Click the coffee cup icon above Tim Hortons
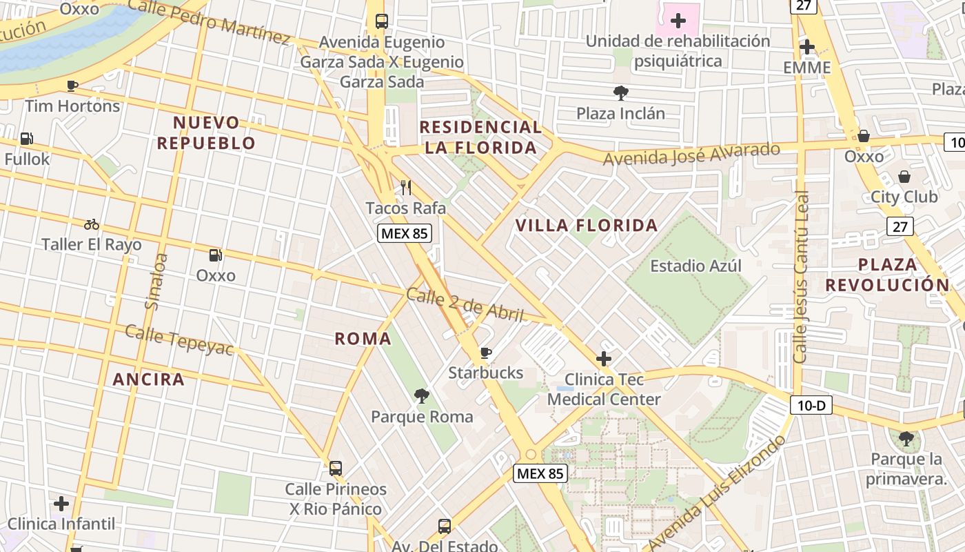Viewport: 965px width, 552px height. tap(72, 86)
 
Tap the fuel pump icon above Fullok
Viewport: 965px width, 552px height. tap(27, 139)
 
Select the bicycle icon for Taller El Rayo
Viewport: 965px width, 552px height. tap(92, 224)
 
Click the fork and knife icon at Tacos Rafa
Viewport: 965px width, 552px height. tap(406, 187)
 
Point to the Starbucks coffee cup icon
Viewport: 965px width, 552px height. tap(486, 353)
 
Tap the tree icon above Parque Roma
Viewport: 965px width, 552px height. tap(422, 396)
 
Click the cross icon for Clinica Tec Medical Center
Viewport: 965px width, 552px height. tap(604, 359)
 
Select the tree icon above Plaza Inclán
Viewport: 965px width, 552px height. tap(620, 92)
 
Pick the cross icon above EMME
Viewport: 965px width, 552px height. tap(807, 48)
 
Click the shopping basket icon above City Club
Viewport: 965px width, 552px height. tap(904, 177)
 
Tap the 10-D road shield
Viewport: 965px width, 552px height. tap(811, 405)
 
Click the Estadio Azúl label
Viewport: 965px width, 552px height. tap(696, 266)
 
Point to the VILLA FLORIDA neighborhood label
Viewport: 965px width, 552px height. tap(587, 226)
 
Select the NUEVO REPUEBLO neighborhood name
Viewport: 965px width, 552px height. tap(206, 133)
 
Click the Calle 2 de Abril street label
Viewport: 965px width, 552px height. tap(465, 305)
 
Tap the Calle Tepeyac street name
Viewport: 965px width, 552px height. tap(179, 340)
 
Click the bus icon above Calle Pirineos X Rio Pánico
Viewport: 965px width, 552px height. tap(336, 469)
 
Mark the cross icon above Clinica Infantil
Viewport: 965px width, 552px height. tap(61, 504)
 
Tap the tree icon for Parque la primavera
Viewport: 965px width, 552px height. tap(906, 438)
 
